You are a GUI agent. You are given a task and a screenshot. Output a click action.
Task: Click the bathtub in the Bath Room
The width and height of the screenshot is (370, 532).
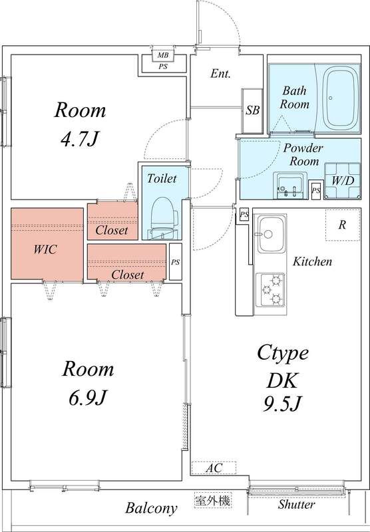tap(341, 98)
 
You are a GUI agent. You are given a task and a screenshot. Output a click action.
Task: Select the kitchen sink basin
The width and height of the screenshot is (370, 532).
tap(271, 234)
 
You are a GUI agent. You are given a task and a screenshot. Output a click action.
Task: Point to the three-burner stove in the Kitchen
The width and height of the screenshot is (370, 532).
tap(271, 289)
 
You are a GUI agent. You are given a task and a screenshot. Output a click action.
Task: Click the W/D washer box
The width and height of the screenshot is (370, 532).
tap(342, 181)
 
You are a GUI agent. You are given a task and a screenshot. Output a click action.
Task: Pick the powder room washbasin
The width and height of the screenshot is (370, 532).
tap(290, 186)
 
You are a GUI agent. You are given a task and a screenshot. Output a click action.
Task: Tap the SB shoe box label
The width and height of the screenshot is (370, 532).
tap(253, 110)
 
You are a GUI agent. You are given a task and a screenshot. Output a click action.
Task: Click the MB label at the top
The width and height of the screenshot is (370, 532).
tap(163, 55)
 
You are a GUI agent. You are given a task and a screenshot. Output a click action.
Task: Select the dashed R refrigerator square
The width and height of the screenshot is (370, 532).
tap(343, 225)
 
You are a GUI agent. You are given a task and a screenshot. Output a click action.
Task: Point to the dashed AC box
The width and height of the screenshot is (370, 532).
tap(214, 468)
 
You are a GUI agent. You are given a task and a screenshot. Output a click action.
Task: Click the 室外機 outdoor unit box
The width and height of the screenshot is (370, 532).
tap(213, 500)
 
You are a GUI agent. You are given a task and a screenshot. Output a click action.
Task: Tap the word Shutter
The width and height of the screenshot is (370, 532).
tap(296, 505)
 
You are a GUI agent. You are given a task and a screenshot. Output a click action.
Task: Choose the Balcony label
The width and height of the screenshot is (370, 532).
tap(151, 508)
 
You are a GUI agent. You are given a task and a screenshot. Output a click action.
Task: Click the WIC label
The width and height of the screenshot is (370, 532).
tap(45, 249)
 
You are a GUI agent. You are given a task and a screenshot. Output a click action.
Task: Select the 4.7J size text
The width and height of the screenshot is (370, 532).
tap(80, 139)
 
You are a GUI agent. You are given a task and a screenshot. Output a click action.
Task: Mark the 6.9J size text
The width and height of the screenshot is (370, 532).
tap(89, 398)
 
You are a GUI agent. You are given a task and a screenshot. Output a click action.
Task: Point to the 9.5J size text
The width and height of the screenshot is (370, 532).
tap(282, 404)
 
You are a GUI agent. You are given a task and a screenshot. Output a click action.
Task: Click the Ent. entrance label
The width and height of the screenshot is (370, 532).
tap(220, 73)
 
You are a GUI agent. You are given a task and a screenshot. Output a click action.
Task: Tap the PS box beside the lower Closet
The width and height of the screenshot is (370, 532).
tap(176, 261)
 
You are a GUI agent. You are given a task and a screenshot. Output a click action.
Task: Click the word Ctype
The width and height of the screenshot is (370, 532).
tap(283, 354)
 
